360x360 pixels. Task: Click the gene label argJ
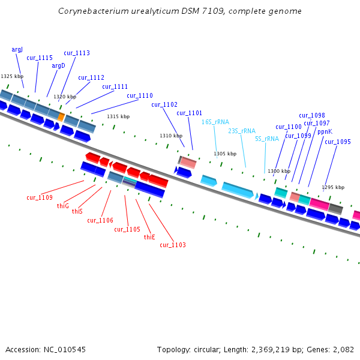pos(17,50)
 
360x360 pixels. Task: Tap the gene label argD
pos(58,66)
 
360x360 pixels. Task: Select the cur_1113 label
pos(76,53)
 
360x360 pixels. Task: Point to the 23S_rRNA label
pos(241,131)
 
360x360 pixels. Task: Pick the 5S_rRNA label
pos(266,139)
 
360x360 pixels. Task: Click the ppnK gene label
pos(325,131)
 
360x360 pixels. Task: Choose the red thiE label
pos(149,237)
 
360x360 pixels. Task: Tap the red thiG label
pos(63,206)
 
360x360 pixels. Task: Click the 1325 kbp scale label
pos(12,77)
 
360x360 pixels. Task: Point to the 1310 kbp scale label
pos(171,136)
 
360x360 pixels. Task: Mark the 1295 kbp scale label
pos(334,187)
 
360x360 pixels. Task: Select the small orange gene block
pos(61,116)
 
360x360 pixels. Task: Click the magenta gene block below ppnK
pos(319,204)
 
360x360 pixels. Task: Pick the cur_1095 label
pos(338,142)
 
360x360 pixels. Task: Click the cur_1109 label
pos(40,197)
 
